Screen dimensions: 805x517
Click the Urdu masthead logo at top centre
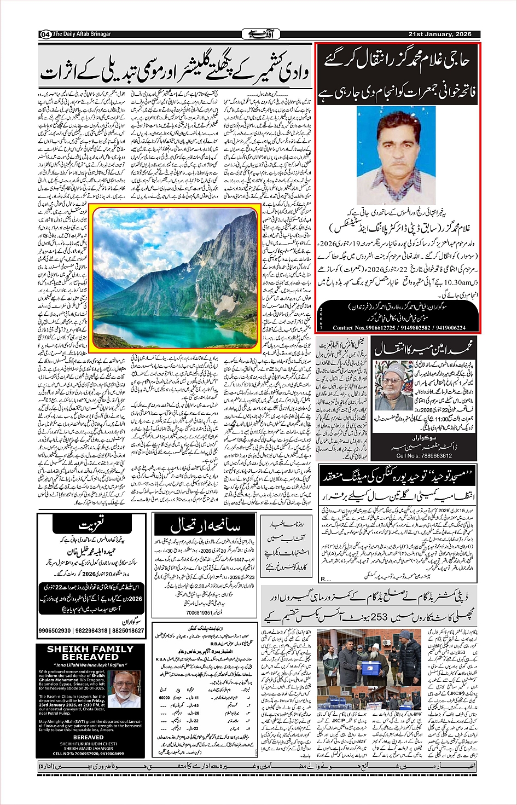[x=258, y=34]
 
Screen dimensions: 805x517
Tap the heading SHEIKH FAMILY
[x=90, y=649]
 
